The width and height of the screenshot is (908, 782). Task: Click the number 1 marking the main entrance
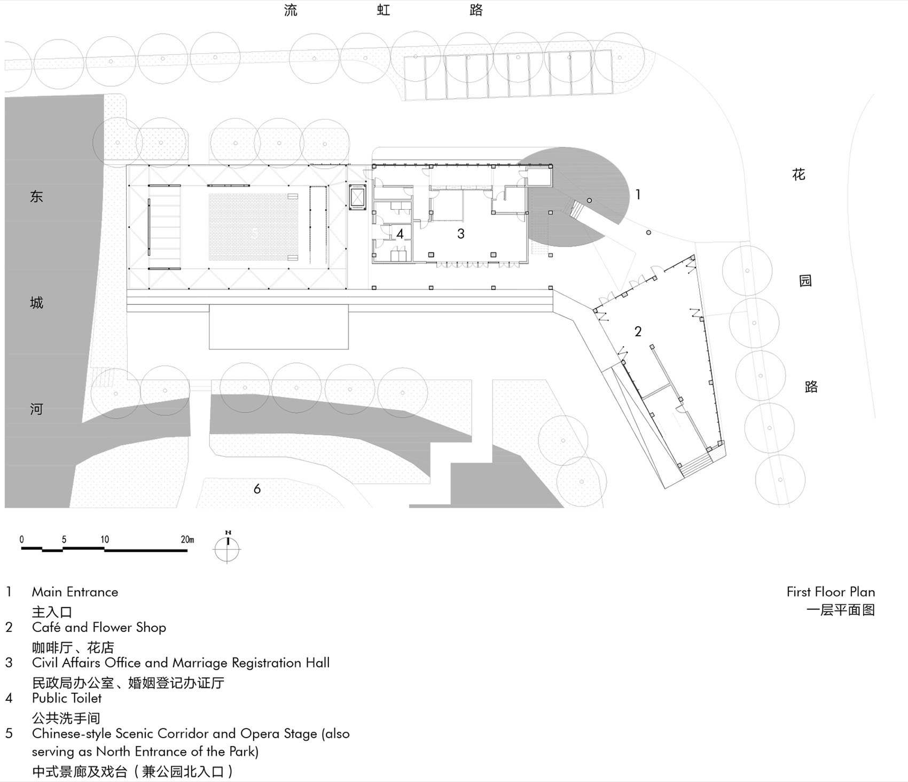pyautogui.click(x=638, y=195)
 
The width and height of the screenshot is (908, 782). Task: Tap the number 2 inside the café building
pyautogui.click(x=638, y=331)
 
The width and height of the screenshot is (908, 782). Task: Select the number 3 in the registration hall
pyautogui.click(x=461, y=233)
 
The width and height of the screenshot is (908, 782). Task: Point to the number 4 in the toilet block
pyautogui.click(x=400, y=233)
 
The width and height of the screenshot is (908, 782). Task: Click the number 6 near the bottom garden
pyautogui.click(x=257, y=488)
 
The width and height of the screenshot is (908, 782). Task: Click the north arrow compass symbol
pyautogui.click(x=228, y=548)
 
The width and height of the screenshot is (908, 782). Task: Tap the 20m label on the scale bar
pyautogui.click(x=187, y=539)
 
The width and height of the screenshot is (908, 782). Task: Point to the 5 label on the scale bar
pyautogui.click(x=64, y=539)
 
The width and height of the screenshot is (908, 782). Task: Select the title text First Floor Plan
pyautogui.click(x=830, y=591)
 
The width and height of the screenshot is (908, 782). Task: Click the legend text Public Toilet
pyautogui.click(x=67, y=698)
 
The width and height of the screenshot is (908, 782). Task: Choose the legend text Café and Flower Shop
pyautogui.click(x=99, y=627)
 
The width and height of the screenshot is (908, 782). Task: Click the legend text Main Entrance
pyautogui.click(x=75, y=592)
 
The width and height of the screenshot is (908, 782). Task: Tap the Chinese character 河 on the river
pyautogui.click(x=36, y=409)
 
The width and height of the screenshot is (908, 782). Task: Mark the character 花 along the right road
pyautogui.click(x=799, y=175)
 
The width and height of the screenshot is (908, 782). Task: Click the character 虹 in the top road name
pyautogui.click(x=383, y=10)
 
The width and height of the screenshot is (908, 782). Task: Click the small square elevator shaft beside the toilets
pyautogui.click(x=357, y=197)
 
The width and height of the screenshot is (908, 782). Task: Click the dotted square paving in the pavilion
pyautogui.click(x=254, y=227)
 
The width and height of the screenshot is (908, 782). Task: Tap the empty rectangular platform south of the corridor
pyautogui.click(x=278, y=327)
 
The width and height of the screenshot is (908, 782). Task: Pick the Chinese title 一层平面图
pyautogui.click(x=840, y=610)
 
